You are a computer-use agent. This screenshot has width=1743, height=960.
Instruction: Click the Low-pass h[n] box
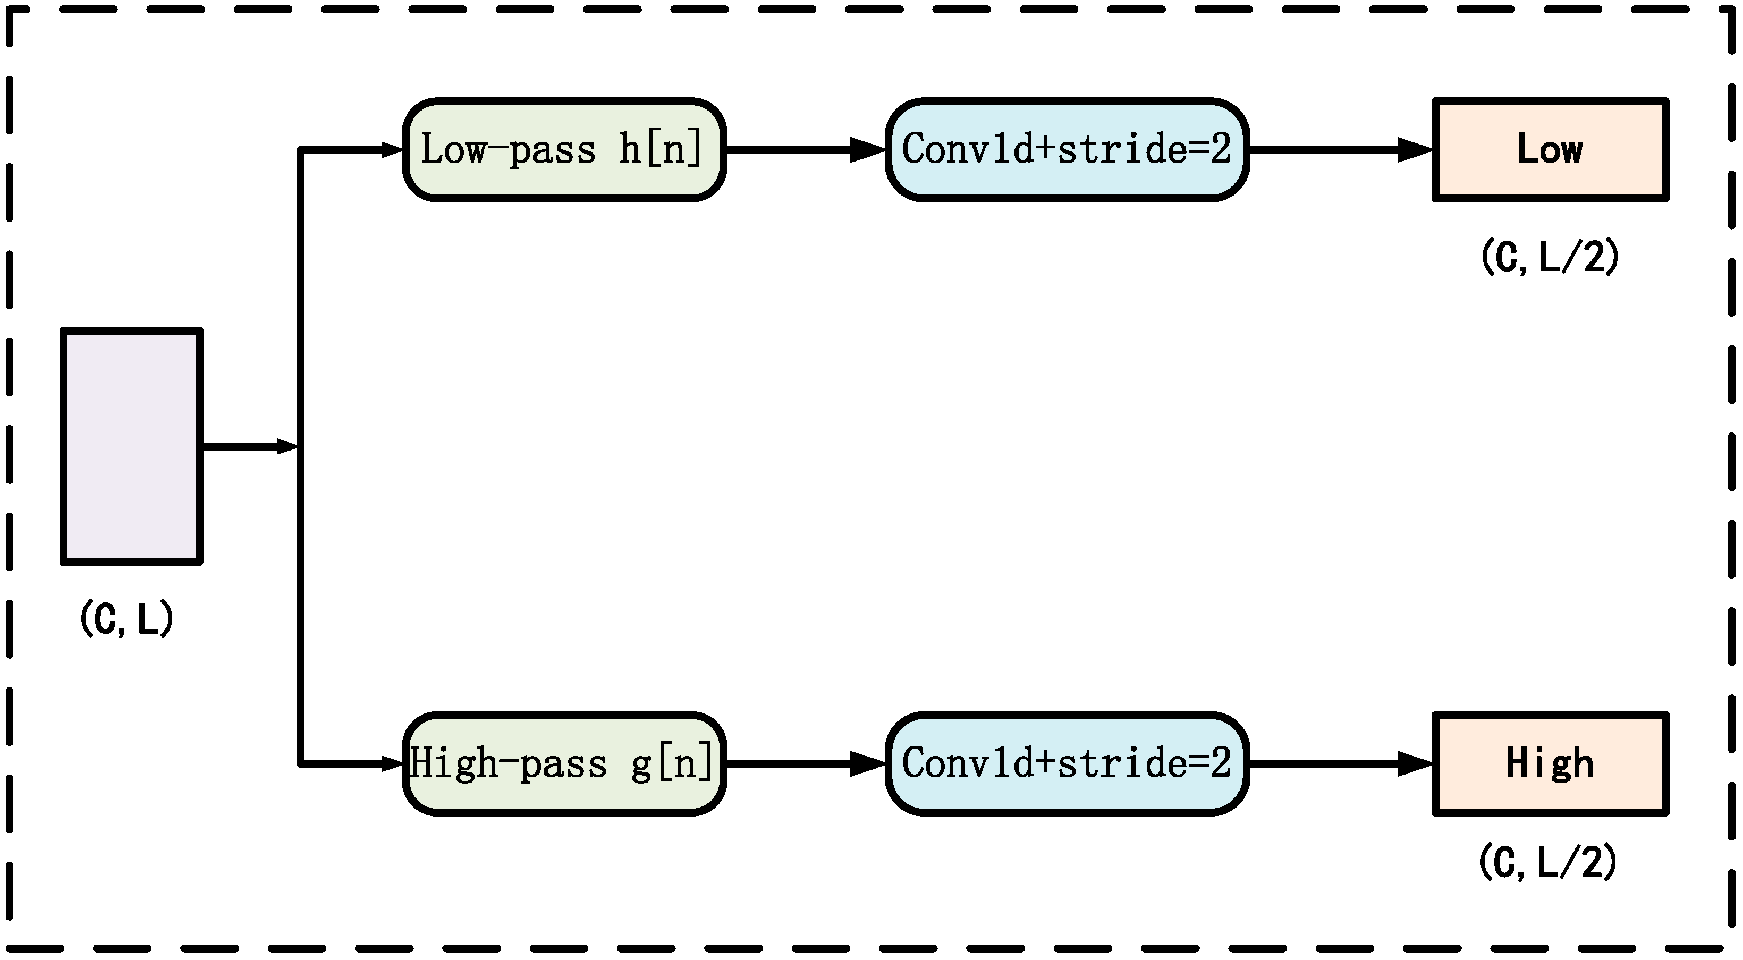[x=564, y=149]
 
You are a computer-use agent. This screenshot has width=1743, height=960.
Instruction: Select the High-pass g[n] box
[x=564, y=764]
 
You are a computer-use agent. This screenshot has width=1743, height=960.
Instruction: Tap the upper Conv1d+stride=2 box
[x=1067, y=149]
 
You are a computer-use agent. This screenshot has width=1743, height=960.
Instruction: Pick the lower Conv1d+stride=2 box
[x=1067, y=764]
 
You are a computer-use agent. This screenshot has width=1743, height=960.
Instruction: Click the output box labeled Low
[x=1550, y=149]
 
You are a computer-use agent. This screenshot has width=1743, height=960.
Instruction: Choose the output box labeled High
[x=1550, y=764]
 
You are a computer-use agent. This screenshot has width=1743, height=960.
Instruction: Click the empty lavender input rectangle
[x=131, y=446]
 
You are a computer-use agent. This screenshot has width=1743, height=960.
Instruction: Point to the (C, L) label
[x=126, y=618]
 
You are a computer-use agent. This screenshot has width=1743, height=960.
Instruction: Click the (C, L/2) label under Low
[x=1550, y=257]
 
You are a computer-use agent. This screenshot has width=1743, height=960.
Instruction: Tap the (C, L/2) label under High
[x=1548, y=863]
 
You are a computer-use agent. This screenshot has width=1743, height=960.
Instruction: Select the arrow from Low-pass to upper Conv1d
[x=805, y=149]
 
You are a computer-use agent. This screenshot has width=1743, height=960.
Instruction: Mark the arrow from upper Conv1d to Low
[x=1340, y=149]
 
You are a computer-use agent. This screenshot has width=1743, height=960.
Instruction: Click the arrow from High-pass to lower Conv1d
[x=805, y=764]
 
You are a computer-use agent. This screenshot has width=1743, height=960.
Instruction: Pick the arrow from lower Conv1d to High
[x=1340, y=764]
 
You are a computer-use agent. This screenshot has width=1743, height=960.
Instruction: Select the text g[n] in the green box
[x=672, y=764]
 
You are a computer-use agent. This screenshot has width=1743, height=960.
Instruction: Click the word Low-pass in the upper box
[x=507, y=149]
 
